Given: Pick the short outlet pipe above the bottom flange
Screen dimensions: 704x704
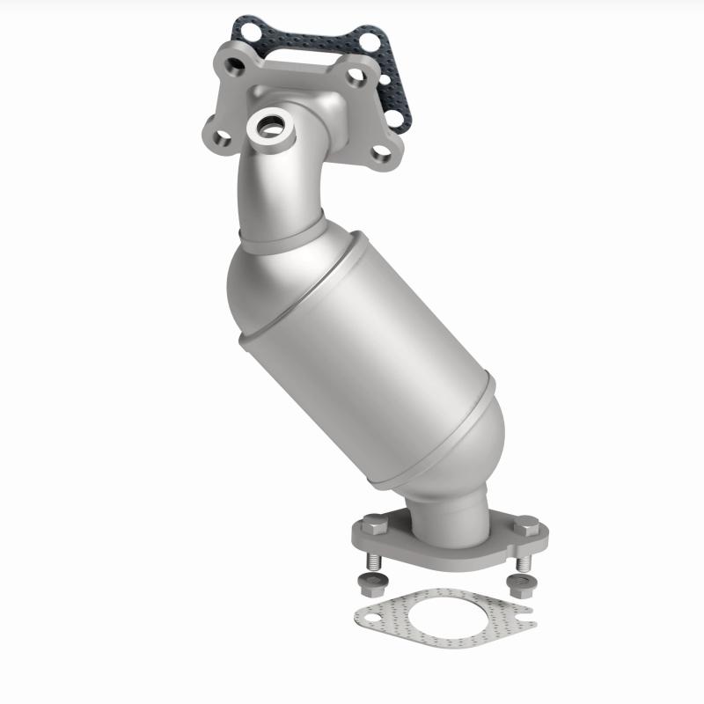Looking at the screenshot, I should click(449, 515).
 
